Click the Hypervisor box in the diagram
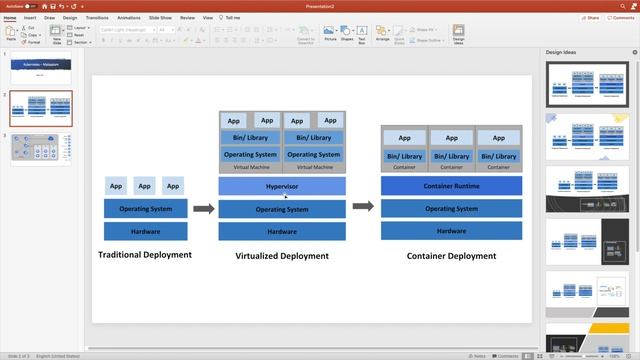click(282, 186)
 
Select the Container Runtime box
click(451, 186)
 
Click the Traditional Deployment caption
click(145, 255)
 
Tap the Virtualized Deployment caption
click(282, 256)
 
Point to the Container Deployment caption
click(451, 256)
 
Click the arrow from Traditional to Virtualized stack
click(203, 208)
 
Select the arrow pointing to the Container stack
click(363, 207)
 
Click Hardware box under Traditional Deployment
click(145, 231)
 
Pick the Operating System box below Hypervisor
click(282, 209)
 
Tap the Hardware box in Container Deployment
click(451, 231)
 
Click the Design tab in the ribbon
click(70, 17)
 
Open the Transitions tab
click(97, 17)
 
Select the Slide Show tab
click(160, 17)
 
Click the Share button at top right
click(590, 17)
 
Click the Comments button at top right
click(621, 17)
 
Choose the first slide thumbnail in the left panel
click(41, 67)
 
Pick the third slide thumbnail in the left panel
click(41, 148)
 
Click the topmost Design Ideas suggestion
click(585, 84)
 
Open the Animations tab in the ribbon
click(129, 17)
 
